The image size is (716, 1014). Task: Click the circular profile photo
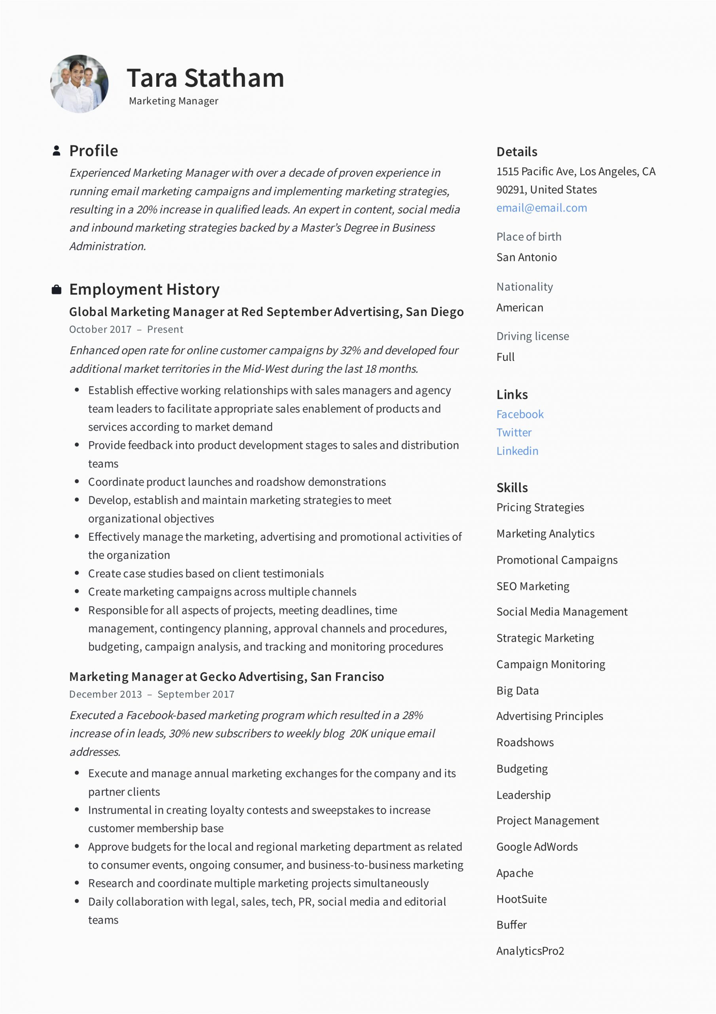tap(80, 84)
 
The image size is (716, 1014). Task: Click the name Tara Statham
tap(205, 78)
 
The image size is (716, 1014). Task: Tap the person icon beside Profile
tap(57, 151)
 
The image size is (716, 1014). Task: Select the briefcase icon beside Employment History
tap(57, 290)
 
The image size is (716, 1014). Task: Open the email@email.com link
tap(541, 208)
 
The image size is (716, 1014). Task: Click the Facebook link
tap(520, 414)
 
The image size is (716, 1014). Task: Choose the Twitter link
tap(514, 433)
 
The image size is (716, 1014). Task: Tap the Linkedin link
tap(517, 451)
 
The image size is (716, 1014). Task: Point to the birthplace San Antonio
tap(526, 257)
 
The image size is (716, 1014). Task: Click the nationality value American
tap(520, 307)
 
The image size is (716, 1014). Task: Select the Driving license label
tap(532, 336)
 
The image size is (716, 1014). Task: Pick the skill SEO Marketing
tap(533, 586)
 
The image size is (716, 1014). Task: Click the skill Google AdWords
tap(537, 846)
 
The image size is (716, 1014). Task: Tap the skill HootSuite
tap(521, 899)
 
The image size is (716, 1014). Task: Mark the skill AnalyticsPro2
tap(530, 951)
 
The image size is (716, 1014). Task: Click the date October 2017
tap(100, 330)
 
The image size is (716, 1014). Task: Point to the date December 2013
tap(106, 694)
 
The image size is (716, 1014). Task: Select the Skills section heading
tap(512, 488)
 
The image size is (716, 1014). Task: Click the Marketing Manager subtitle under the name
tap(173, 101)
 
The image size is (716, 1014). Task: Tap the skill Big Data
tap(517, 691)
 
